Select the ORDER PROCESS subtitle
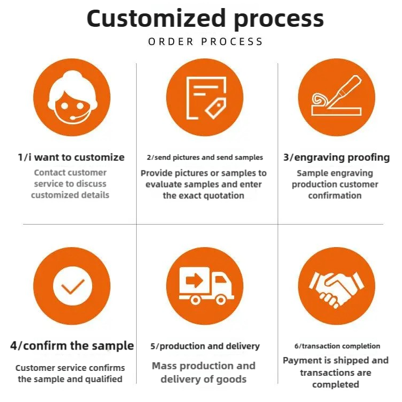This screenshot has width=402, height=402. click(205, 42)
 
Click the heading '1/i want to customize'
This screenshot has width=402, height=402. click(71, 157)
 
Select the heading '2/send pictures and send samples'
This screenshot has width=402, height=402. click(205, 158)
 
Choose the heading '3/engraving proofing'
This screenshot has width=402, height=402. click(336, 157)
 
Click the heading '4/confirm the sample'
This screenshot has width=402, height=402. click(72, 346)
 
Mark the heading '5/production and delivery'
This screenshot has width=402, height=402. click(205, 346)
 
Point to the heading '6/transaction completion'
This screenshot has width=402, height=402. click(337, 346)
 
